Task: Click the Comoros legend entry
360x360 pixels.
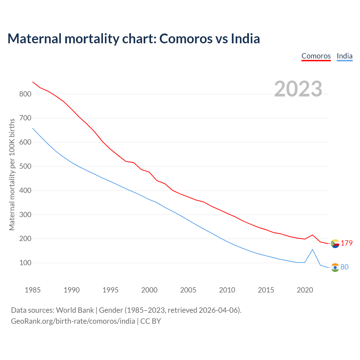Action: click(x=316, y=56)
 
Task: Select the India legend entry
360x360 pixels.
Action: click(x=345, y=56)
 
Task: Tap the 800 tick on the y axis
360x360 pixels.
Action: click(x=25, y=94)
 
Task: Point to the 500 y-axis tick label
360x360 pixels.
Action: click(x=25, y=166)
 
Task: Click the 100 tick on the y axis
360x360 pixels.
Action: click(x=25, y=263)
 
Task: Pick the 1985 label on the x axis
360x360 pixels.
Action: click(x=33, y=290)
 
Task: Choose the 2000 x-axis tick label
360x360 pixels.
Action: click(x=149, y=290)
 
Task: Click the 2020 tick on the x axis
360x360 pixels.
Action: click(x=305, y=290)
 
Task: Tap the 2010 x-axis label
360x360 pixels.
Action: click(x=227, y=290)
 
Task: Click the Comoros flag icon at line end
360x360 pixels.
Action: click(x=335, y=244)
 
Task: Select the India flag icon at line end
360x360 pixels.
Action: click(x=335, y=267)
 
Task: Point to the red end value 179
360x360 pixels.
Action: click(x=346, y=243)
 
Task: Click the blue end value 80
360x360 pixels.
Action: click(x=345, y=267)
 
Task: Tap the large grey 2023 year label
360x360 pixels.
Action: click(x=298, y=89)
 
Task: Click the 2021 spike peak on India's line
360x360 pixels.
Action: click(x=312, y=249)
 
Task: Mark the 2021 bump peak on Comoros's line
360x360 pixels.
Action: click(x=312, y=235)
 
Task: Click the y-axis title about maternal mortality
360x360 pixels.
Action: click(x=12, y=174)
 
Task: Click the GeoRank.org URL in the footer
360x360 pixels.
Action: click(x=73, y=321)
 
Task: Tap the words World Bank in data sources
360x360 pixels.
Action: click(x=75, y=310)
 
